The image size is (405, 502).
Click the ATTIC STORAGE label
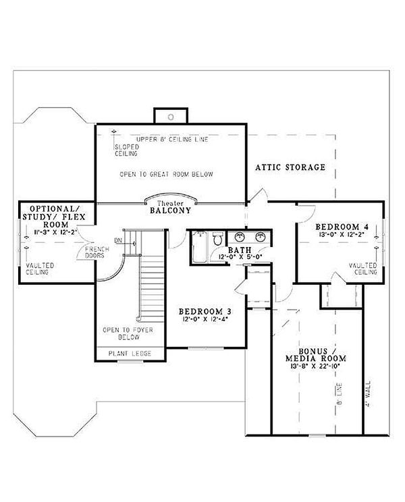click(x=290, y=167)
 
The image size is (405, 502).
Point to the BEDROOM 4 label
click(x=342, y=225)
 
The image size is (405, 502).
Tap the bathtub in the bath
click(x=198, y=248)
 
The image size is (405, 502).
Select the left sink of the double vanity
click(x=240, y=237)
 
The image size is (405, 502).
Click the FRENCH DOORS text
click(x=92, y=253)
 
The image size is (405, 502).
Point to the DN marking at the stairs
click(x=119, y=240)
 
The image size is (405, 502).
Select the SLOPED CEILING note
click(x=126, y=150)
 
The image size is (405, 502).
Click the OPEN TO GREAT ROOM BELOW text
click(x=166, y=175)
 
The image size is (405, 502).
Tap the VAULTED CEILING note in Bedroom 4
click(x=362, y=269)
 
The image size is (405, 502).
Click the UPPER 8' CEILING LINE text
click(x=172, y=140)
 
